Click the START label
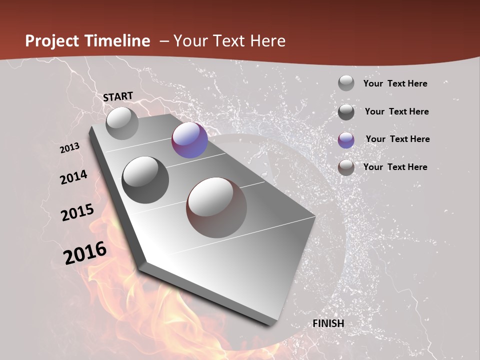point(118,96)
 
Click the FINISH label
point(328,323)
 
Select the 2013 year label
point(69,148)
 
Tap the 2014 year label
point(73,177)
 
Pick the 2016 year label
point(85,253)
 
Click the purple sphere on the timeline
point(189,140)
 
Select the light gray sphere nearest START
point(122,123)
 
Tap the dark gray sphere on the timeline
point(145,179)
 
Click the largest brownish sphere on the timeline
point(216,207)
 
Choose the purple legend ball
point(346,140)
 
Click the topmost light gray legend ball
point(346,83)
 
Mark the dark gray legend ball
point(346,112)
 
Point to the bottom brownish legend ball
point(346,167)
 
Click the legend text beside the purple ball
point(397,139)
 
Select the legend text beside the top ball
point(395,83)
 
